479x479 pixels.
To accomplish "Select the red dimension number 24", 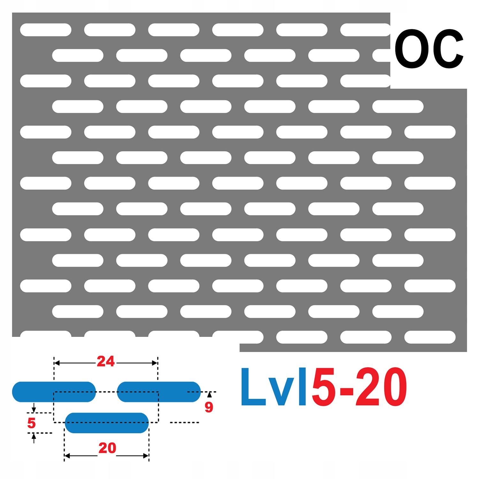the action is [x=106, y=361].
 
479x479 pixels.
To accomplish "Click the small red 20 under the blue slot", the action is [x=107, y=448].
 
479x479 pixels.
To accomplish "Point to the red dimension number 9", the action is [x=209, y=407].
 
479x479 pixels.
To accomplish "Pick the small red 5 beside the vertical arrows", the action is [x=31, y=423].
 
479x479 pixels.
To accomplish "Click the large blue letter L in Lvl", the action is [x=252, y=387].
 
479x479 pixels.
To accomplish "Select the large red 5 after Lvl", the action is [x=323, y=387].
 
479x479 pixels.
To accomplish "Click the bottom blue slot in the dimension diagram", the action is [x=107, y=423].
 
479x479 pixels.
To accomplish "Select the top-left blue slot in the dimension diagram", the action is [x=54, y=392].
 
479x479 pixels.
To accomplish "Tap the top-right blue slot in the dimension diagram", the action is [x=159, y=392].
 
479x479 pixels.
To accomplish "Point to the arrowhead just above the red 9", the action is [x=209, y=395].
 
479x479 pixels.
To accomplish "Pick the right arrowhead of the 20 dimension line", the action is [x=146, y=456].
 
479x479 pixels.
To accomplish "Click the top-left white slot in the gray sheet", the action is [x=46, y=30].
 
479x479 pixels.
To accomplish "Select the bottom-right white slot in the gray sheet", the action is [x=430, y=337].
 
